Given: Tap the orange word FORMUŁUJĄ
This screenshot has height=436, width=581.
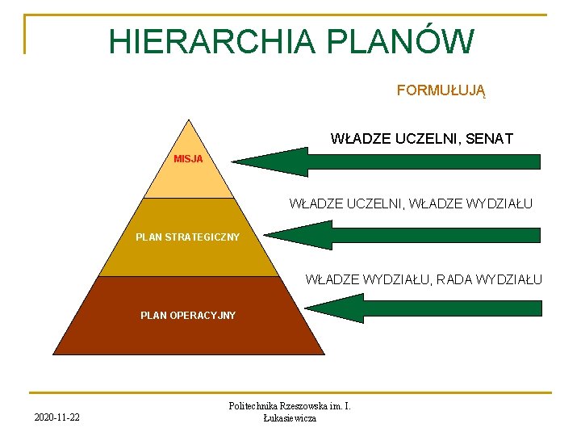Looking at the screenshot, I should (441, 90).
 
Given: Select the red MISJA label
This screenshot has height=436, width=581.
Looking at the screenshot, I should (188, 158).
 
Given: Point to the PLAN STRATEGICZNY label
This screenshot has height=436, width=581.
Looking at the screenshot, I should (188, 237).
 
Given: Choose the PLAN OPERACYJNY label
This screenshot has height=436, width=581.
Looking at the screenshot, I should (188, 315).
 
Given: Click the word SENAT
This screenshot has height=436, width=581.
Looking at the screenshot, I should (487, 139).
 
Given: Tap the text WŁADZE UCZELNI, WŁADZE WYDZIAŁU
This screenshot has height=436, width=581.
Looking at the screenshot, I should (411, 203).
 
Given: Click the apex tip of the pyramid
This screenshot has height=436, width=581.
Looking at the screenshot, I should (188, 120).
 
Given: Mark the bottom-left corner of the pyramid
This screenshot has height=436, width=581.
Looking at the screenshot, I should (53, 354).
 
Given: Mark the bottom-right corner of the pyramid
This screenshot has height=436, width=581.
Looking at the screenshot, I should (324, 354).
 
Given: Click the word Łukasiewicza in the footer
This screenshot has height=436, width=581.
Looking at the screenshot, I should (290, 417).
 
